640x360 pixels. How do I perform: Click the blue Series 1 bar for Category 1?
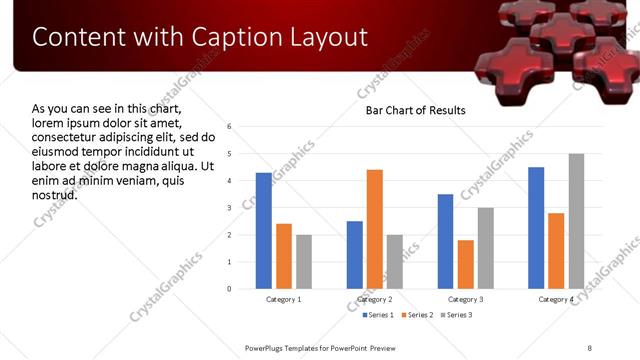pyautogui.click(x=263, y=231)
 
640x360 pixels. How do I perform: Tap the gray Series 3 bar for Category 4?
pyautogui.click(x=576, y=221)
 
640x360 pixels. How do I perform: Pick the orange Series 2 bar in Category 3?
pyautogui.click(x=466, y=264)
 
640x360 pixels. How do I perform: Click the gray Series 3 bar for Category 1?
pyautogui.click(x=303, y=262)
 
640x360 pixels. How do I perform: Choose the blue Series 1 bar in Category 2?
pyautogui.click(x=355, y=255)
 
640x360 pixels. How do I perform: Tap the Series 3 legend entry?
pyautogui.click(x=455, y=315)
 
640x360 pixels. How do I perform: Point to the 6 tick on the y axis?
pyautogui.click(x=230, y=127)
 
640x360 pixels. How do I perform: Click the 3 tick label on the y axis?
pyautogui.click(x=230, y=208)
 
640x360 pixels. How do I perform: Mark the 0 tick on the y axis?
pyautogui.click(x=230, y=289)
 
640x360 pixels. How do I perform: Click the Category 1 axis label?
pyautogui.click(x=283, y=300)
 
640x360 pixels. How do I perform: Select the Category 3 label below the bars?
pyautogui.click(x=465, y=300)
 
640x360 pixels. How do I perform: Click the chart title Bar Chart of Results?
pyautogui.click(x=415, y=110)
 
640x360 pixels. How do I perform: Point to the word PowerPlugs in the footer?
pyautogui.click(x=267, y=347)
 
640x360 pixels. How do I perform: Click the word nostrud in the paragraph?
pyautogui.click(x=55, y=193)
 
